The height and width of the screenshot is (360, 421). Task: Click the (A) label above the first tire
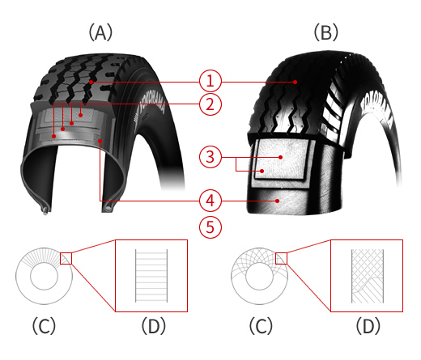(x=100, y=32)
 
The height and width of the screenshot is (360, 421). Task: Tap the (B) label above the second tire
(x=326, y=32)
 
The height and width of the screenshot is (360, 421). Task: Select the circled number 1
(x=210, y=81)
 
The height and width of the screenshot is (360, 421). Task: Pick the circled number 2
(x=210, y=104)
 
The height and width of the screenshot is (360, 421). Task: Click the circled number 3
(x=210, y=157)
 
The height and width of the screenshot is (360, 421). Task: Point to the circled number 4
(x=210, y=201)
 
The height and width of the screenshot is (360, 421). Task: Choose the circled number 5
(x=210, y=227)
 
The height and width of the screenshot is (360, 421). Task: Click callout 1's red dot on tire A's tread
(x=91, y=82)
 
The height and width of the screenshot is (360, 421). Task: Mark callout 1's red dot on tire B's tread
(x=296, y=82)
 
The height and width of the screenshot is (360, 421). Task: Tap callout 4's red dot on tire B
(x=277, y=201)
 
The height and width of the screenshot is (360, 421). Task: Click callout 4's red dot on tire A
(x=100, y=141)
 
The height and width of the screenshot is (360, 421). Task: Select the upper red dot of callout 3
(x=281, y=157)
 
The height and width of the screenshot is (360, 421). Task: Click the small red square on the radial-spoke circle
(x=66, y=258)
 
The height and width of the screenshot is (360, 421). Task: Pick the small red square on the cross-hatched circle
(x=281, y=258)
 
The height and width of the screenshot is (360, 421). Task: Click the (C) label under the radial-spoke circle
(x=44, y=326)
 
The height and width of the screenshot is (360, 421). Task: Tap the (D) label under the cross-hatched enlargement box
(x=368, y=326)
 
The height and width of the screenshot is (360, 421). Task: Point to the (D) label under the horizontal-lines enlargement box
(x=154, y=326)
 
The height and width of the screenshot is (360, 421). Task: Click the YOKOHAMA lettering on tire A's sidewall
(x=151, y=112)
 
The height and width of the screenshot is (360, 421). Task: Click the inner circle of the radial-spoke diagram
(x=44, y=263)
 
